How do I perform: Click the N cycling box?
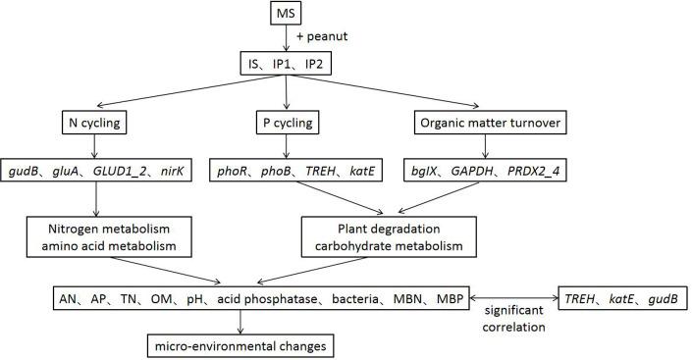95,127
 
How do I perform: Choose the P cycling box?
284,127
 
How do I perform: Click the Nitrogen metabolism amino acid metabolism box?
96,236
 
